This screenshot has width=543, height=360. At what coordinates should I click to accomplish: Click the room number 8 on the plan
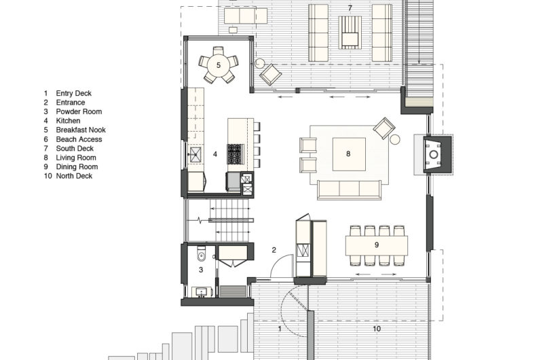pyautogui.click(x=348, y=154)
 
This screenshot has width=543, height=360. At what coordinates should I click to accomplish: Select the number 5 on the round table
pyautogui.click(x=219, y=65)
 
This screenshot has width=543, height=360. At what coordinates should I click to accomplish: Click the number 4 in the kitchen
pyautogui.click(x=215, y=154)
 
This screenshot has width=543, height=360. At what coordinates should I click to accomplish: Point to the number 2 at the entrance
pyautogui.click(x=274, y=250)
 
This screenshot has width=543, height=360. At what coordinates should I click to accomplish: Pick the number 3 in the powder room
pyautogui.click(x=200, y=270)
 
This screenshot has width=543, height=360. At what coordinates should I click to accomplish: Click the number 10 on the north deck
pyautogui.click(x=377, y=329)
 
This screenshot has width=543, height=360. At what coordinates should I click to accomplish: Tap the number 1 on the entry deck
pyautogui.click(x=280, y=329)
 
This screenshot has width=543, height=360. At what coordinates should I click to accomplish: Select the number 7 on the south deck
pyautogui.click(x=350, y=8)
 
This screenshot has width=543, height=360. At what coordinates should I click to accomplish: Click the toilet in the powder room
pyautogui.click(x=198, y=256)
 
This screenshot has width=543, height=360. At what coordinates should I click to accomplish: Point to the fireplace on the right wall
pyautogui.click(x=432, y=154)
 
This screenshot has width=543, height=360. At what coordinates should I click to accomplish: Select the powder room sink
pyautogui.click(x=200, y=291)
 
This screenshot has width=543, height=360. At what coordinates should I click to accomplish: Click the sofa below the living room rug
pyautogui.click(x=348, y=189)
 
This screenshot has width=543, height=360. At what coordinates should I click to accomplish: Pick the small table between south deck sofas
pyautogui.click(x=350, y=31)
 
